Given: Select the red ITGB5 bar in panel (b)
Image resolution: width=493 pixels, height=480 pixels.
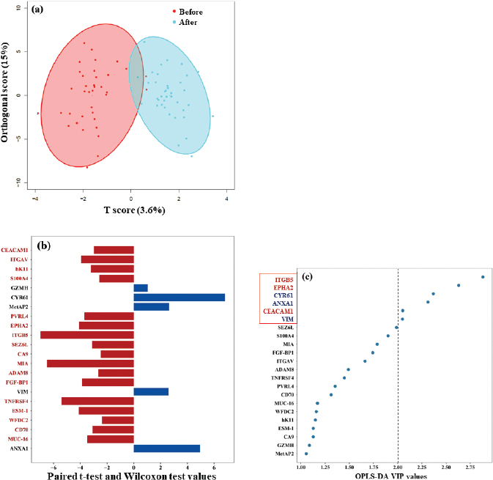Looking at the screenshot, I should [87, 335].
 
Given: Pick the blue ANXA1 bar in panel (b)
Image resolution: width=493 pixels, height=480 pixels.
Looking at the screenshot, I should [166, 448].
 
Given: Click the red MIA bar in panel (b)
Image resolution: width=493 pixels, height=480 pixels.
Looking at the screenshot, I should [90, 363].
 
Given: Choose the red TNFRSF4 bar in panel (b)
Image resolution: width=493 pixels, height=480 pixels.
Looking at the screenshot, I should [97, 401].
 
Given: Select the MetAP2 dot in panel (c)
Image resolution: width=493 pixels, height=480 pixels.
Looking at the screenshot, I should [306, 454].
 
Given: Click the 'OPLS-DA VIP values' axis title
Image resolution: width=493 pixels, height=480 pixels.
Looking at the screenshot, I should [395, 475].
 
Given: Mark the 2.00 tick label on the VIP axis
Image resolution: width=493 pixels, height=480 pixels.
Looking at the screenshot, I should [397, 466].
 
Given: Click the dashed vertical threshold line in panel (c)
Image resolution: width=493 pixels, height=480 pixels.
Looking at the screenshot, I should [398, 366].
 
